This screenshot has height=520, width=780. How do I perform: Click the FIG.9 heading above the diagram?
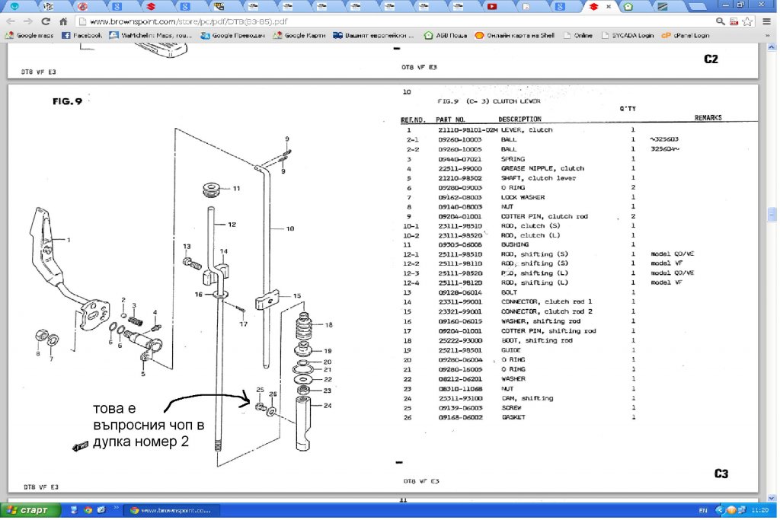pyautogui.click(x=68, y=100)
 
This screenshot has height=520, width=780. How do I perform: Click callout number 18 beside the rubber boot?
pyautogui.click(x=329, y=324)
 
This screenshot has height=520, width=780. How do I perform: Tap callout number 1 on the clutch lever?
pyautogui.click(x=69, y=240)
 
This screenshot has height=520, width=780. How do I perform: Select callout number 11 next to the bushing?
pyautogui.click(x=236, y=188)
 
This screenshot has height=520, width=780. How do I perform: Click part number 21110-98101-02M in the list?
pyautogui.click(x=466, y=130)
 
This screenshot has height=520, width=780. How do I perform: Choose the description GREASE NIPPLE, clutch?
pyautogui.click(x=542, y=168)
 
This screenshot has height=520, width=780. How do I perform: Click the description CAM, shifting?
pyautogui.click(x=527, y=398)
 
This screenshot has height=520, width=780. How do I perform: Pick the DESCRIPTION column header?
pyautogui.click(x=519, y=120)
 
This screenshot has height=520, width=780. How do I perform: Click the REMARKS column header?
pyautogui.click(x=708, y=118)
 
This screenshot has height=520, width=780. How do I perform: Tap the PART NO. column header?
pyautogui.click(x=450, y=120)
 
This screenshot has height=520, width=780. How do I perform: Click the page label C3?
pyautogui.click(x=721, y=474)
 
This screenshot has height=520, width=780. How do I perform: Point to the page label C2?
pyautogui.click(x=711, y=59)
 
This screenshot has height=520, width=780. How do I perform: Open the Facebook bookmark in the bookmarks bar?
pyautogui.click(x=82, y=35)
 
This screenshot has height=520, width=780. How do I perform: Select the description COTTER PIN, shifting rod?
pyautogui.click(x=548, y=331)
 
